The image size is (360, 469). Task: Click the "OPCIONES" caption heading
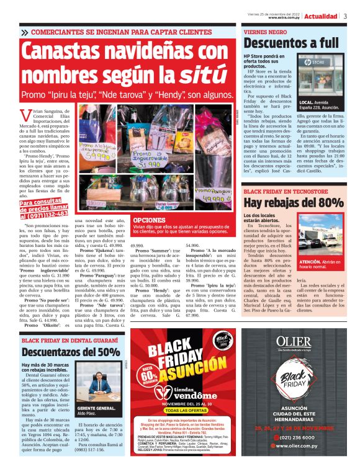pos(149,220)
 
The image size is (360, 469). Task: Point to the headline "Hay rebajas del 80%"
pos(293,202)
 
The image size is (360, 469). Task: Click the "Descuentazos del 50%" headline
pos(71,352)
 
